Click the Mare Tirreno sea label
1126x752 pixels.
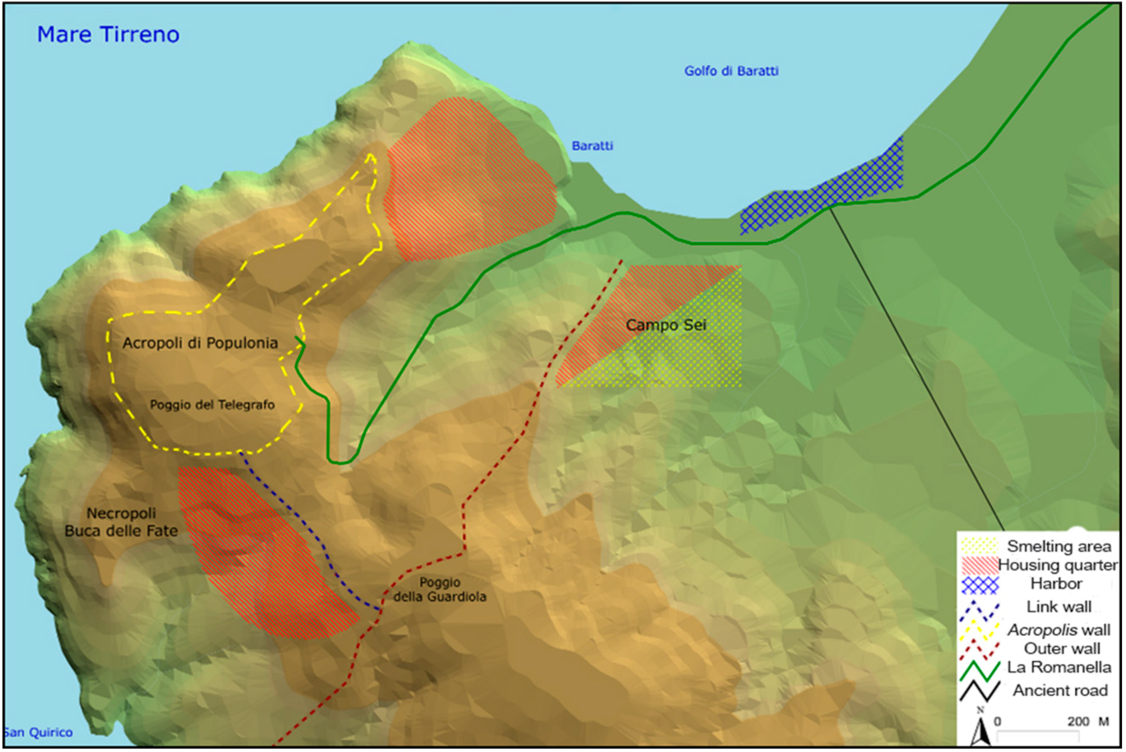[x=108, y=35]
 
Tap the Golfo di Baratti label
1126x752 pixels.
[x=731, y=71]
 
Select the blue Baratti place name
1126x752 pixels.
[x=592, y=146]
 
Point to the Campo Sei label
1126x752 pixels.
[x=666, y=325]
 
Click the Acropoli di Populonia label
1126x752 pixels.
[x=200, y=343]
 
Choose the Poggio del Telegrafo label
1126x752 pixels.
[x=212, y=405]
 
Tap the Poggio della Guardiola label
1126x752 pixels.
[x=440, y=589]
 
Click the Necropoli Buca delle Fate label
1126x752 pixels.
[x=121, y=522]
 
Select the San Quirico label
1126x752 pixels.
[x=38, y=732]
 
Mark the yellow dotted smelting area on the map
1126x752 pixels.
[x=691, y=355]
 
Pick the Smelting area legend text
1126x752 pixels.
[x=1058, y=546]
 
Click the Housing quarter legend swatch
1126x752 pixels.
[x=979, y=565]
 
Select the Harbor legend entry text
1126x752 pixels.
[x=1056, y=584]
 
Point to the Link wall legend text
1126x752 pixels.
[x=1058, y=607]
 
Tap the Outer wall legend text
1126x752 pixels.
[x=1062, y=649]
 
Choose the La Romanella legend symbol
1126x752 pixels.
[x=979, y=670]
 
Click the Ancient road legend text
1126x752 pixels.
[x=1060, y=690]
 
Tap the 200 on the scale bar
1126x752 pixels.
[x=1078, y=721]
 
